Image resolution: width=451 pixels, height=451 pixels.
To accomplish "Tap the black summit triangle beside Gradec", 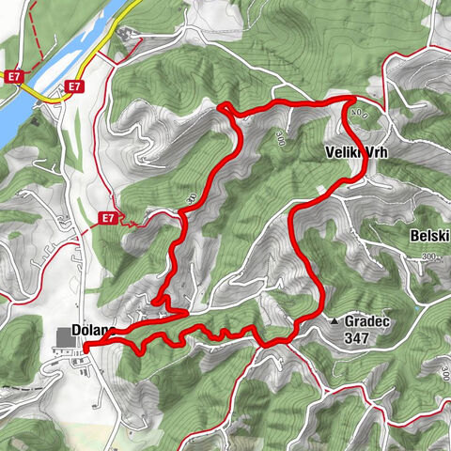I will pyautogui.click(x=334, y=321).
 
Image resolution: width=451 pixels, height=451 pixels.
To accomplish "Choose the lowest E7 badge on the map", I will pyautogui.click(x=109, y=219).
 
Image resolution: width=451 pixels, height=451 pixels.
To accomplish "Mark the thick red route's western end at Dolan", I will pyautogui.click(x=86, y=349).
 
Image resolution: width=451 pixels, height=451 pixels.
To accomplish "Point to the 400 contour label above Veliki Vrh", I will pyautogui.click(x=358, y=115).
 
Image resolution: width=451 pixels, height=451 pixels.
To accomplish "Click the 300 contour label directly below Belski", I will pyautogui.click(x=430, y=257).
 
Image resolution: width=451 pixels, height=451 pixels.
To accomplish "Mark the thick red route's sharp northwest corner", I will pyautogui.click(x=222, y=106).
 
